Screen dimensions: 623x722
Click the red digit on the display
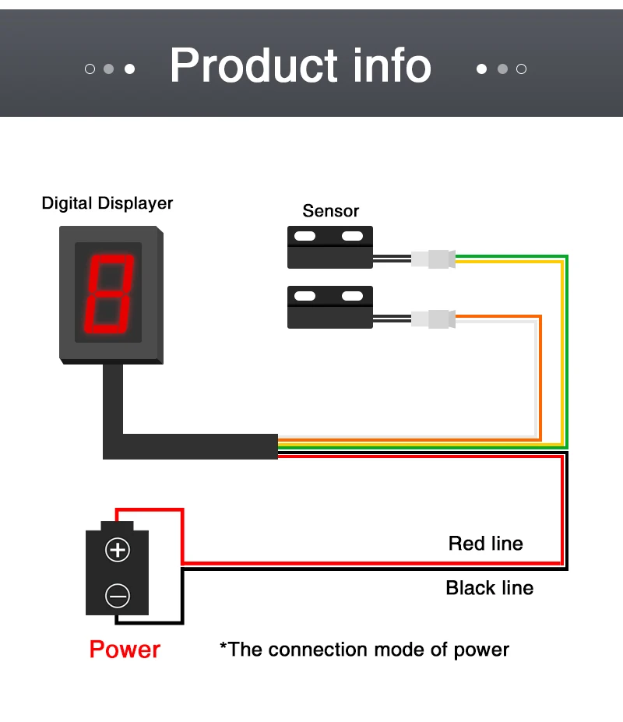(x=109, y=294)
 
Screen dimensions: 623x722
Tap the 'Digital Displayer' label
(x=107, y=203)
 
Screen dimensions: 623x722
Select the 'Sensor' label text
(x=331, y=211)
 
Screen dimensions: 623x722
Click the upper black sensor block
(x=329, y=247)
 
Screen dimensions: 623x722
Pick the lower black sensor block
(x=329, y=307)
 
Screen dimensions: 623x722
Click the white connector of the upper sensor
(x=433, y=259)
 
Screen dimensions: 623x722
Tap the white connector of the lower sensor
(x=433, y=319)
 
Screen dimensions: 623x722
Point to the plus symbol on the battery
(x=118, y=550)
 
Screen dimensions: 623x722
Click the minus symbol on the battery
(x=118, y=596)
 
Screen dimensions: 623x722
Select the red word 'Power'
(x=125, y=650)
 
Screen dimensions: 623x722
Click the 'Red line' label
(x=486, y=544)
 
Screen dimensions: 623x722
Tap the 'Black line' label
(x=490, y=588)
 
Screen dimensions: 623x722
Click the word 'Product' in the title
(x=254, y=65)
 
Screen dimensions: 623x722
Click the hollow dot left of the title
(x=90, y=69)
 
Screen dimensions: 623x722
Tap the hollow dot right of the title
(x=521, y=69)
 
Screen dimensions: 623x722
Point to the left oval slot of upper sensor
(x=304, y=236)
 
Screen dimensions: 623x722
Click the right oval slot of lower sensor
(x=352, y=296)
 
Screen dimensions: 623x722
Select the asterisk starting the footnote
(x=224, y=645)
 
